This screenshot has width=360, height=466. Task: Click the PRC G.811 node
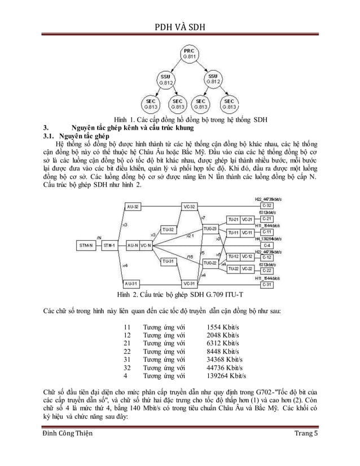189,54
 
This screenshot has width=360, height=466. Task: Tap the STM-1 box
109,245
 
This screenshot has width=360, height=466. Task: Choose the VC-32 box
190,207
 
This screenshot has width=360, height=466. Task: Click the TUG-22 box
209,262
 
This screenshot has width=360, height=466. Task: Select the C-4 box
267,245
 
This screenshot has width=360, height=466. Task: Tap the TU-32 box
168,230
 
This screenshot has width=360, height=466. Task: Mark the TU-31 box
168,261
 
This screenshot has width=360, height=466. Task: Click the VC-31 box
190,283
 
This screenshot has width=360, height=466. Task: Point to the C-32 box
267,206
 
